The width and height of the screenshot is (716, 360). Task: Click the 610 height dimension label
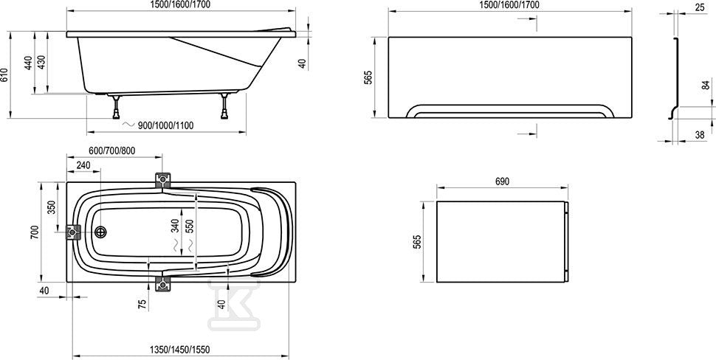click(x=4, y=75)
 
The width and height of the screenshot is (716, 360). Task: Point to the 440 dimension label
click(x=28, y=63)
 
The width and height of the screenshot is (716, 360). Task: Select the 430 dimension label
click(x=41, y=63)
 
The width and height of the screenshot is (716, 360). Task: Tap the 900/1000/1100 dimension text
click(x=165, y=125)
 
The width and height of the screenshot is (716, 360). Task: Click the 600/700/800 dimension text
click(x=112, y=151)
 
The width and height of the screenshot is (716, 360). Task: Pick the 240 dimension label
click(x=83, y=165)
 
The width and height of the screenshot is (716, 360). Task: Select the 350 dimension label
click(x=51, y=207)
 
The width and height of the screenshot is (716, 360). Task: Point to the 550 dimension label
click(x=190, y=226)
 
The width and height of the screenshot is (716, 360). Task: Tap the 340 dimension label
click(x=176, y=226)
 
